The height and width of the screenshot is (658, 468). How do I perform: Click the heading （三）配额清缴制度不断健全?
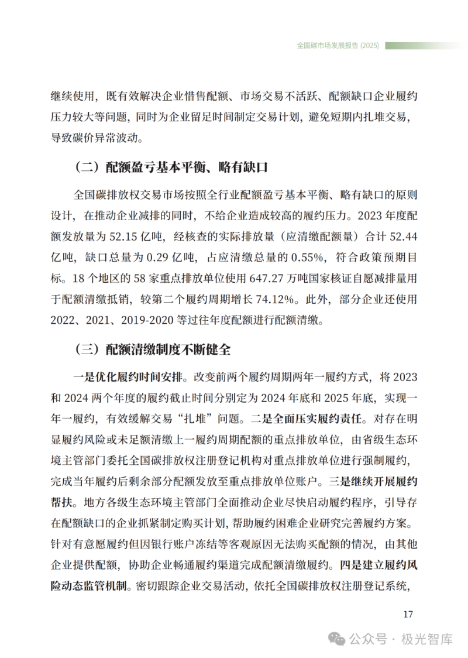[153, 349]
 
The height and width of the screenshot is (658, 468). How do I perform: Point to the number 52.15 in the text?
[142, 237]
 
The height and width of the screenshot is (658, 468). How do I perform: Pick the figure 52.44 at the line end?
[402, 237]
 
